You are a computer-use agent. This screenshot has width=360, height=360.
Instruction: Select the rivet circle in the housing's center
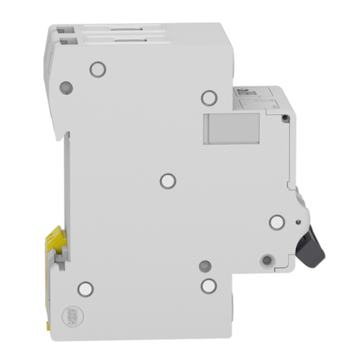168,181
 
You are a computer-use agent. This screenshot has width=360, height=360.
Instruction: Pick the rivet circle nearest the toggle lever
277,222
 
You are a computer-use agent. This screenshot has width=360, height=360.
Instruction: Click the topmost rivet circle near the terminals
98,69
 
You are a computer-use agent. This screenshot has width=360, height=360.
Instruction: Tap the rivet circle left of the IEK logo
209,98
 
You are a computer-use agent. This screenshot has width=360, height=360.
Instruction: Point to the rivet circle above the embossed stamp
85,289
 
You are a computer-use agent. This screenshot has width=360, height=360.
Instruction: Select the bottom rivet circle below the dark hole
209,286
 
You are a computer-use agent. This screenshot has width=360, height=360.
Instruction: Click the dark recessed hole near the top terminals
66,87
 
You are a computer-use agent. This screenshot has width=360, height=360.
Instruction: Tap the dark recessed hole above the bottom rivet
205,266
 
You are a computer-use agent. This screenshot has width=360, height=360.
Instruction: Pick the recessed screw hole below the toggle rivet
267,260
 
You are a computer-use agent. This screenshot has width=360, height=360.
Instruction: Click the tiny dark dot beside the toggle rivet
297,222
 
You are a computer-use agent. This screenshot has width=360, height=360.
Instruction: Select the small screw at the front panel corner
285,118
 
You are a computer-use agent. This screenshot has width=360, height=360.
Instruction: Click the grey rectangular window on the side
231,129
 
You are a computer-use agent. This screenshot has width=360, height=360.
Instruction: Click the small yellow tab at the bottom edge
48,326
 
